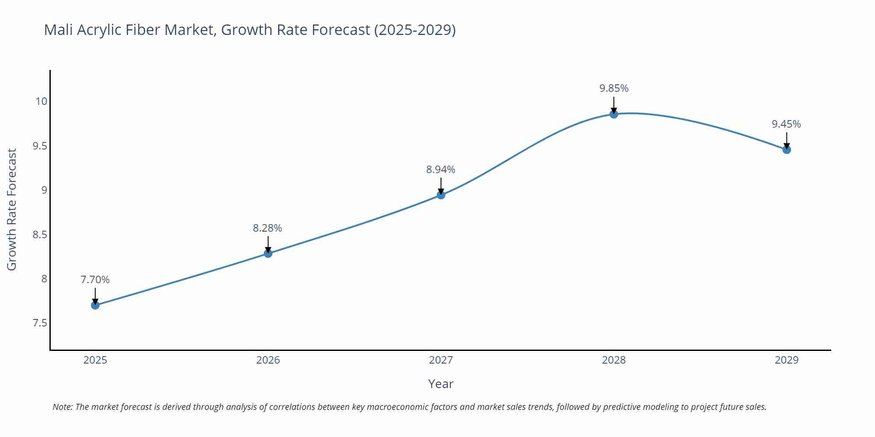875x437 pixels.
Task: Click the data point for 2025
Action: click(95, 305)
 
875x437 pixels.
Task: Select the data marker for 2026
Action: click(268, 253)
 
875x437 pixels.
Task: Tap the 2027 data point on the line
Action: click(441, 195)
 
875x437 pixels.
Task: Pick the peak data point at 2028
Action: click(614, 114)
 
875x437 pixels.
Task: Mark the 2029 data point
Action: click(787, 149)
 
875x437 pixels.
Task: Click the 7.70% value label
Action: click(95, 280)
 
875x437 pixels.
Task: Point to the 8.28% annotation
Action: click(267, 228)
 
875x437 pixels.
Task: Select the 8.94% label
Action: click(441, 170)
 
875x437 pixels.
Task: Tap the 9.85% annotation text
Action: click(614, 88)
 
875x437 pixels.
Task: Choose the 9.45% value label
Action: click(786, 124)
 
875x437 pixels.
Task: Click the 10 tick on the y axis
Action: click(41, 101)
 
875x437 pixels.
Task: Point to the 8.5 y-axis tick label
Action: click(39, 235)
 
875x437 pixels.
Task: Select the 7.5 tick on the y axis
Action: click(39, 323)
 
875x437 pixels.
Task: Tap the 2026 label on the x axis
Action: click(268, 360)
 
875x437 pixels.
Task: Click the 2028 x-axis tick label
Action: click(614, 360)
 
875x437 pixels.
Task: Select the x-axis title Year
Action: click(441, 384)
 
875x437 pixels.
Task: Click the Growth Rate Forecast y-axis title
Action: click(12, 209)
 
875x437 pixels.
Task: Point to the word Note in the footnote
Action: click(62, 407)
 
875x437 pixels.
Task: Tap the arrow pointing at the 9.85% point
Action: click(614, 105)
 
